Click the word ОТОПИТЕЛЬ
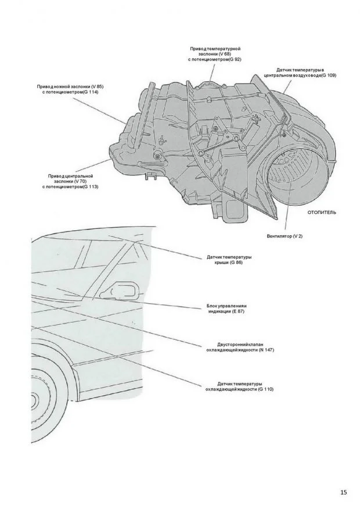[322, 213]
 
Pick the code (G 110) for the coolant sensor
[263, 389]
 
